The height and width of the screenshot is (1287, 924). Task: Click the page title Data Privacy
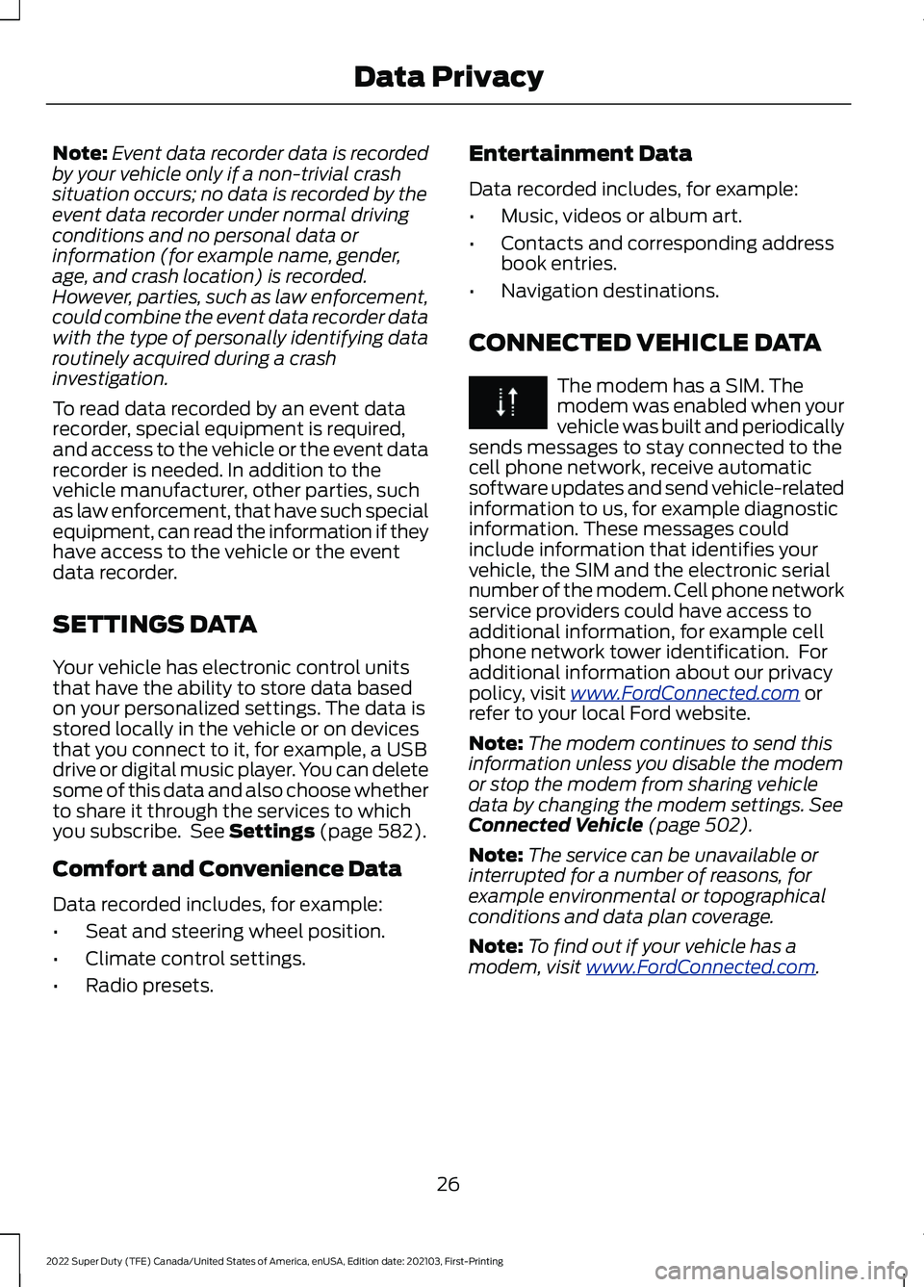click(449, 77)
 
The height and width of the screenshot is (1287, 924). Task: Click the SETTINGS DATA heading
click(155, 625)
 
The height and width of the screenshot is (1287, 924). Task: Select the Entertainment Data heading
click(579, 154)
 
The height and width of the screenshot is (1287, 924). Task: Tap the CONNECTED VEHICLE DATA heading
click(644, 343)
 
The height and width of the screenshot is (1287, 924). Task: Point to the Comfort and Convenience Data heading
click(226, 869)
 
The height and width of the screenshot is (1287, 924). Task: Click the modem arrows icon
click(507, 401)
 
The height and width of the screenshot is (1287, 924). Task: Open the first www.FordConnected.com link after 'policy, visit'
click(684, 693)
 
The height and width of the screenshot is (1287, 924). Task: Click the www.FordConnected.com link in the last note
click(700, 967)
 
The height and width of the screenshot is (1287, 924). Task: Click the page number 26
click(449, 1184)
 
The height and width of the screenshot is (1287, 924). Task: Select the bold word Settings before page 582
click(271, 832)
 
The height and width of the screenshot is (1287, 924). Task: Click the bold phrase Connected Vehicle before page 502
click(555, 825)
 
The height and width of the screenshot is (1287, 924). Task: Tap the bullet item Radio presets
click(149, 986)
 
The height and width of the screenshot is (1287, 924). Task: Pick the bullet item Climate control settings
click(195, 959)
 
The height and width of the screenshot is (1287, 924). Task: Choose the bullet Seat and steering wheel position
click(235, 932)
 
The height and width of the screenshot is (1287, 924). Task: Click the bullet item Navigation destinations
click(609, 291)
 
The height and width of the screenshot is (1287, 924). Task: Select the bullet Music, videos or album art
click(621, 217)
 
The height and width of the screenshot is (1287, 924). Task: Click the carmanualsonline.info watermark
click(780, 1271)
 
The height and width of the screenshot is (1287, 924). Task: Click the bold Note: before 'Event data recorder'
click(80, 154)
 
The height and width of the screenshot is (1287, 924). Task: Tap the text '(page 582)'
click(372, 832)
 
